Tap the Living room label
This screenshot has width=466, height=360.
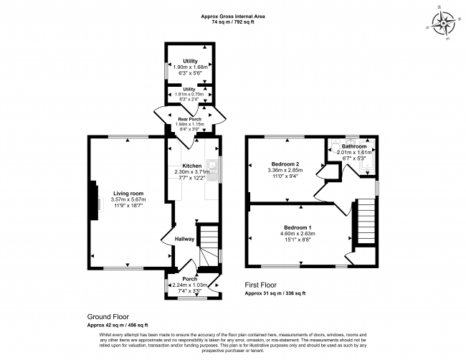tap(128, 193)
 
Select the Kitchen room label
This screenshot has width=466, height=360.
tap(191, 165)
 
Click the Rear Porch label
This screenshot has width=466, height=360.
tap(190, 118)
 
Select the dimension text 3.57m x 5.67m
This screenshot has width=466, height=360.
tap(128, 199)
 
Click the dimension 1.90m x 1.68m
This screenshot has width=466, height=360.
tap(190, 67)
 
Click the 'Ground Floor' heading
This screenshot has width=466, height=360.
tap(109, 316)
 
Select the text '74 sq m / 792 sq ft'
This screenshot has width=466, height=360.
tap(233, 22)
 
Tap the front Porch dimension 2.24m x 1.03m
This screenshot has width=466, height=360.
tap(190, 285)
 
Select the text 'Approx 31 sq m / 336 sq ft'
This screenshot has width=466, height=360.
tap(275, 293)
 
